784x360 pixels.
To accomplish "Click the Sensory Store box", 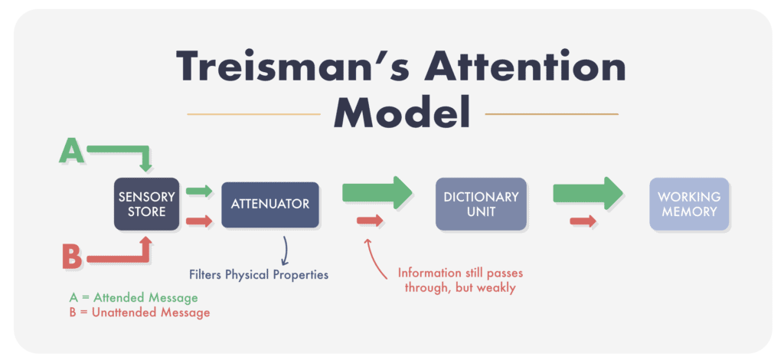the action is (x=146, y=204).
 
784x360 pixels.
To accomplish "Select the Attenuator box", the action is (x=270, y=205).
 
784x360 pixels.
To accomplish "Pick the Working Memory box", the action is (x=689, y=204).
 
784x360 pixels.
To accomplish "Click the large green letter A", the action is (x=71, y=152).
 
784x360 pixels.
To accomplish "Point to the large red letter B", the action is (x=72, y=256).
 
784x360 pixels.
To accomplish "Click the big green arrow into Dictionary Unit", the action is (x=377, y=192).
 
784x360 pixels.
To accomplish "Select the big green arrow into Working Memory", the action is (x=588, y=193).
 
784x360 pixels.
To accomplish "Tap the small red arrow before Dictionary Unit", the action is (x=370, y=220).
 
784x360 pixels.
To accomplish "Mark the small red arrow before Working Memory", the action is (x=583, y=221).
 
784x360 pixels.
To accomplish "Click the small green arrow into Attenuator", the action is (x=199, y=191).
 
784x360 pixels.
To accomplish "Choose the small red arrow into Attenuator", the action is (x=199, y=221).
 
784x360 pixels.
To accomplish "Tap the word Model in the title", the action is (x=403, y=113).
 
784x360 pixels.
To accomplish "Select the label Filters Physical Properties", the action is (x=259, y=274).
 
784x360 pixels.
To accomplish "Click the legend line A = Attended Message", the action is (x=133, y=298).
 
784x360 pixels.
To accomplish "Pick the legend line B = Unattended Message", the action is (x=139, y=313).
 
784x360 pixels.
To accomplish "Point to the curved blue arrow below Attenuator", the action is (x=286, y=250).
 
